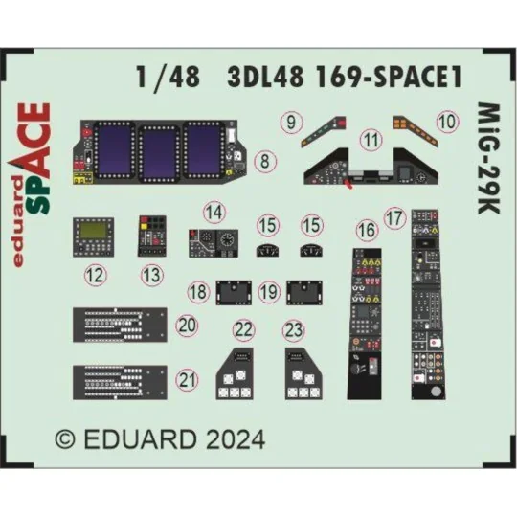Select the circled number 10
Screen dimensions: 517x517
[x=447, y=122]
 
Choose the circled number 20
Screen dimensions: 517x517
[x=189, y=326]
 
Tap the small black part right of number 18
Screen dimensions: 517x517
[x=234, y=288]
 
